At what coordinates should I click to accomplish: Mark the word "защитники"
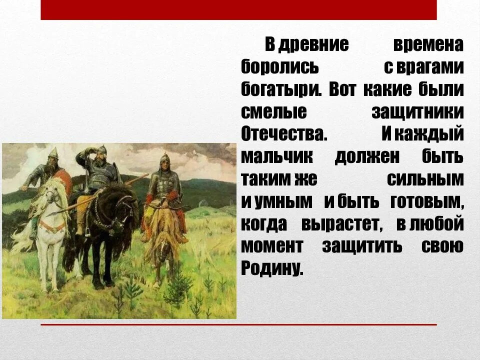pos(417,112)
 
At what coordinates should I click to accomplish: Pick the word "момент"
pos(272,246)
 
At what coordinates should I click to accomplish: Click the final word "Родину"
pos(272,269)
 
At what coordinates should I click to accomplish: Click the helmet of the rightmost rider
pos(165,160)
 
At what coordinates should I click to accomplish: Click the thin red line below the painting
pos(238,325)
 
